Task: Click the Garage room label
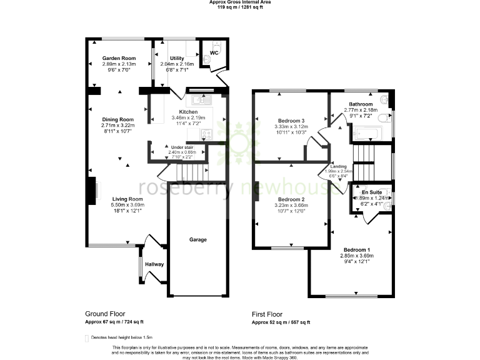[198, 239]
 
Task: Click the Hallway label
[154, 264]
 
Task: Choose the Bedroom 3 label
[289, 120]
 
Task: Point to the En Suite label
[372, 192]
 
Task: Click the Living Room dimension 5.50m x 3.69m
[127, 205]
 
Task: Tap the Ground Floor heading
[105, 314]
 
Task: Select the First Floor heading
[267, 314]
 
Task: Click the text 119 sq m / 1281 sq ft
[240, 8]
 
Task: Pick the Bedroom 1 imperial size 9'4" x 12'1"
[356, 261]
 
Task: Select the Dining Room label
[118, 119]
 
